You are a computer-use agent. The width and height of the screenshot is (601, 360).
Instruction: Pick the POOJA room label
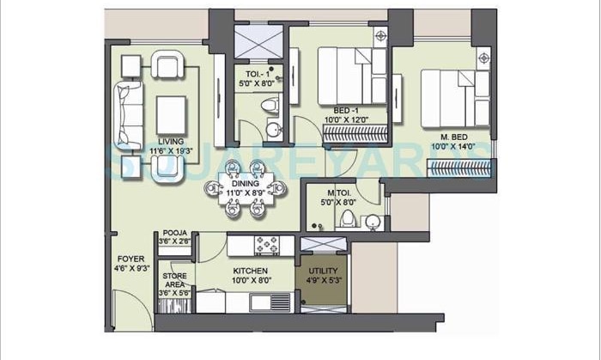174,232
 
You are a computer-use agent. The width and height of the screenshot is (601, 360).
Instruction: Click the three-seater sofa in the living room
131,111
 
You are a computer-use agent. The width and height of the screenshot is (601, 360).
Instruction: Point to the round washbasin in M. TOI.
372,222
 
